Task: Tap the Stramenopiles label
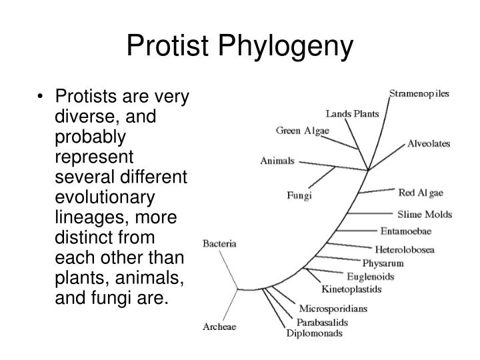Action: pyautogui.click(x=419, y=93)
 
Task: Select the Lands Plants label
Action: pyautogui.click(x=353, y=114)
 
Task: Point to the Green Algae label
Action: pyautogui.click(x=303, y=131)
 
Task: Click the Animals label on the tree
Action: pyautogui.click(x=278, y=161)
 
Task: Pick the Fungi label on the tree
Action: pyautogui.click(x=299, y=196)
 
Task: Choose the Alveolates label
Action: pyautogui.click(x=429, y=144)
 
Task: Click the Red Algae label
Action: pyautogui.click(x=421, y=193)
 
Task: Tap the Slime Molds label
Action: pyautogui.click(x=425, y=214)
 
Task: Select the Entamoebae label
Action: pyautogui.click(x=405, y=231)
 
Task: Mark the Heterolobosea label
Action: pyautogui.click(x=405, y=250)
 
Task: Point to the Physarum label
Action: pyautogui.click(x=383, y=263)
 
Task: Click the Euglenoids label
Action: pyautogui.click(x=371, y=276)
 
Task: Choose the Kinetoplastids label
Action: pyautogui.click(x=351, y=289)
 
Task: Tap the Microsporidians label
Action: pyautogui.click(x=333, y=309)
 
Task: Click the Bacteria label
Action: pyautogui.click(x=219, y=244)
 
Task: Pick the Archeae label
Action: pyautogui.click(x=219, y=327)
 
